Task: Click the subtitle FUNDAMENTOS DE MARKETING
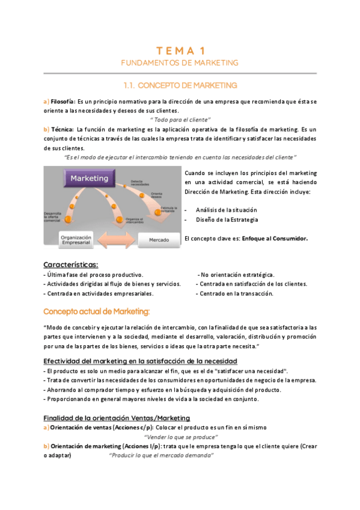[180, 63]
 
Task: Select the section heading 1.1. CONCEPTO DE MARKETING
[180, 85]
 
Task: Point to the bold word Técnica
[63, 129]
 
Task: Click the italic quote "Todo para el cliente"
[180, 120]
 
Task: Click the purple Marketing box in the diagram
[90, 179]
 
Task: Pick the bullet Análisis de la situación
[227, 209]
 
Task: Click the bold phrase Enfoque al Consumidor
[275, 238]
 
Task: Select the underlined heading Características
[72, 265]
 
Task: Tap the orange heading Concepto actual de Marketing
[97, 311]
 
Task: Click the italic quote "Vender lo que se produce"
[181, 437]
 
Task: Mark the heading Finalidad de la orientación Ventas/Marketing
[117, 418]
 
